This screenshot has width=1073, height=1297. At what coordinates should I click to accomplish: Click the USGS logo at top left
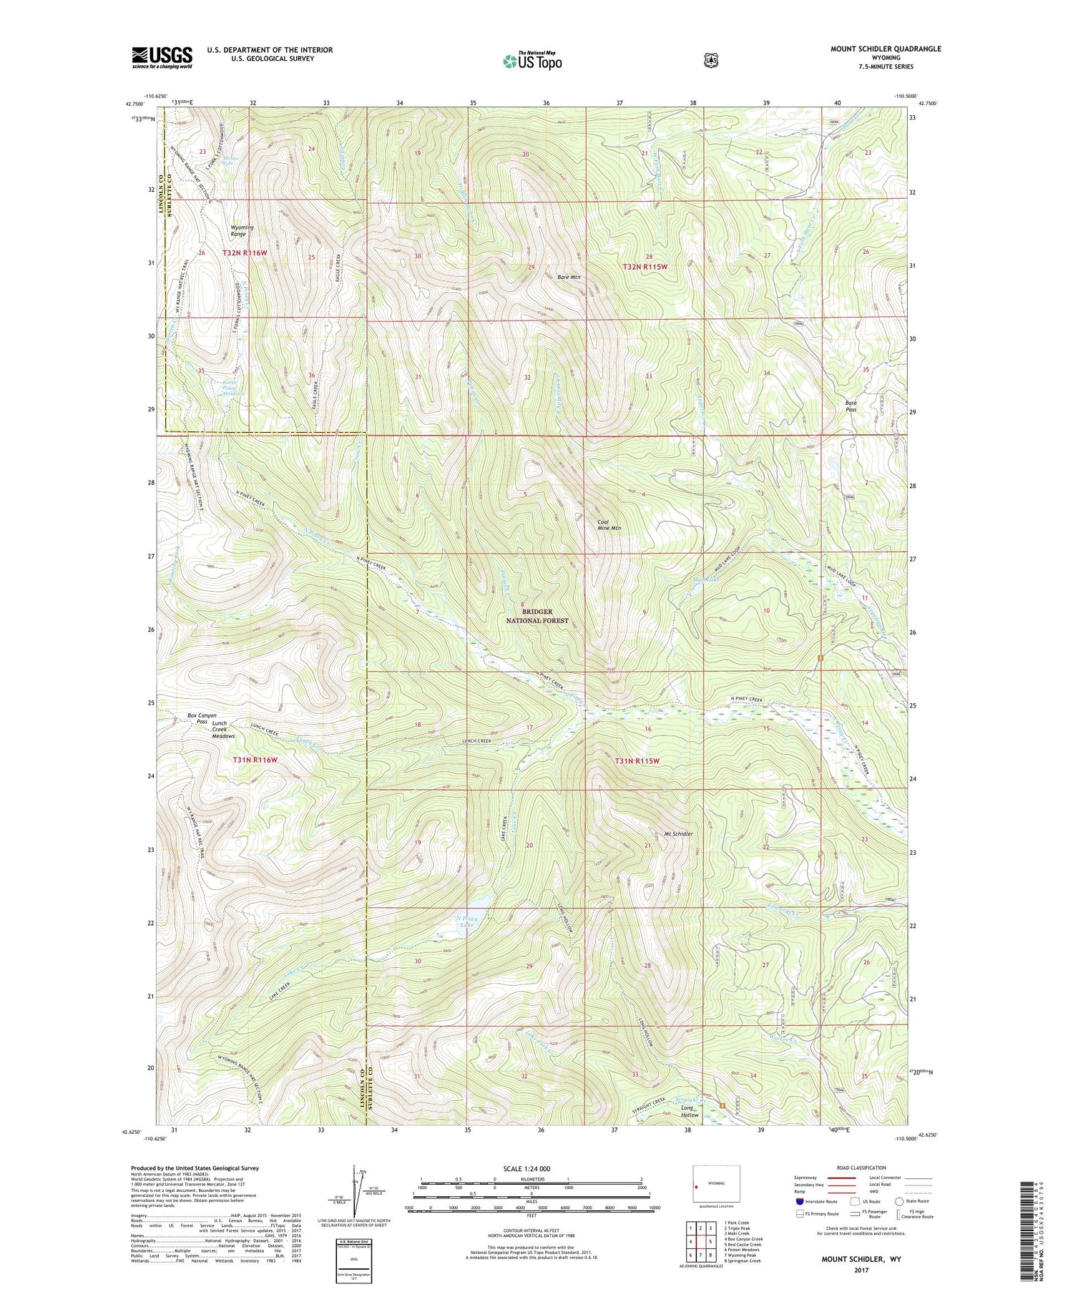click(x=162, y=57)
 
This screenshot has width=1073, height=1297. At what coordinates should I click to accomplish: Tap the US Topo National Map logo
click(x=532, y=60)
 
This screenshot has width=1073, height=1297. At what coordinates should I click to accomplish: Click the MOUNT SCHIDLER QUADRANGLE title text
click(x=886, y=49)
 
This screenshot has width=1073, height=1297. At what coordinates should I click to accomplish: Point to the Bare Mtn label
click(x=569, y=277)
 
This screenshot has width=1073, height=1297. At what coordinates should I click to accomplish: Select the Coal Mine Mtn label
click(x=609, y=525)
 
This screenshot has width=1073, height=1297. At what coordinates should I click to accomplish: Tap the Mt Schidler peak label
click(x=679, y=833)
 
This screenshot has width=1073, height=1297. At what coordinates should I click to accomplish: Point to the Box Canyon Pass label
click(x=202, y=718)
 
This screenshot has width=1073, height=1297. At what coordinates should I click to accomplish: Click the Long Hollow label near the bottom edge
click(x=690, y=1111)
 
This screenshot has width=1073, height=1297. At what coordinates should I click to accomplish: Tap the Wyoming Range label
click(x=242, y=230)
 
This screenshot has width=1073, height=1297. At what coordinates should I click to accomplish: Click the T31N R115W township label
click(x=637, y=761)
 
